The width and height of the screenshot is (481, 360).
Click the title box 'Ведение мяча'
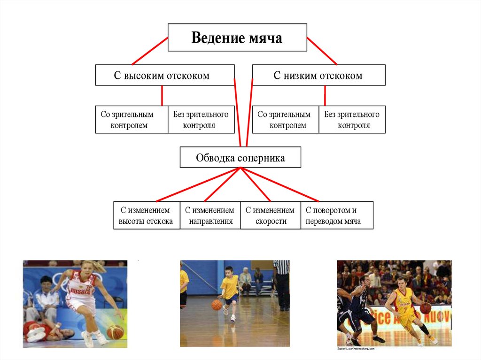(x=237, y=38)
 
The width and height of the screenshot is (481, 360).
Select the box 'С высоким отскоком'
(x=164, y=75)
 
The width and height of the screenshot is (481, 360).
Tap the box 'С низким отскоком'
(x=318, y=75)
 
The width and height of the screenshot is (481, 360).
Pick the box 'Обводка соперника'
(x=240, y=157)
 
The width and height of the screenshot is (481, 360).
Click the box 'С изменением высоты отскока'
(x=147, y=215)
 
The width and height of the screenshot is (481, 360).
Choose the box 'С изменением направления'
(x=210, y=215)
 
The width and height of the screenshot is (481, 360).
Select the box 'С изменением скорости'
(x=271, y=215)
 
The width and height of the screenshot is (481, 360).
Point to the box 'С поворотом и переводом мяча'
(x=337, y=215)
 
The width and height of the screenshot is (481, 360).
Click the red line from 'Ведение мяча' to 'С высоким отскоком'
(x=150, y=51)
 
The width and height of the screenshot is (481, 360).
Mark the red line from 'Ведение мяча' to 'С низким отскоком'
(x=322, y=51)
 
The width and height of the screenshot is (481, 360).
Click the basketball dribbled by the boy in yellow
(x=217, y=305)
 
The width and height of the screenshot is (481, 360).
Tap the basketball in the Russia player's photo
(x=115, y=332)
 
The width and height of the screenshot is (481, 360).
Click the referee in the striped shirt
(x=282, y=284)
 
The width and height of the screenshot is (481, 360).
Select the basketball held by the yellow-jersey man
(x=426, y=308)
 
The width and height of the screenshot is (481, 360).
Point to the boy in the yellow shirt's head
(x=229, y=272)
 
